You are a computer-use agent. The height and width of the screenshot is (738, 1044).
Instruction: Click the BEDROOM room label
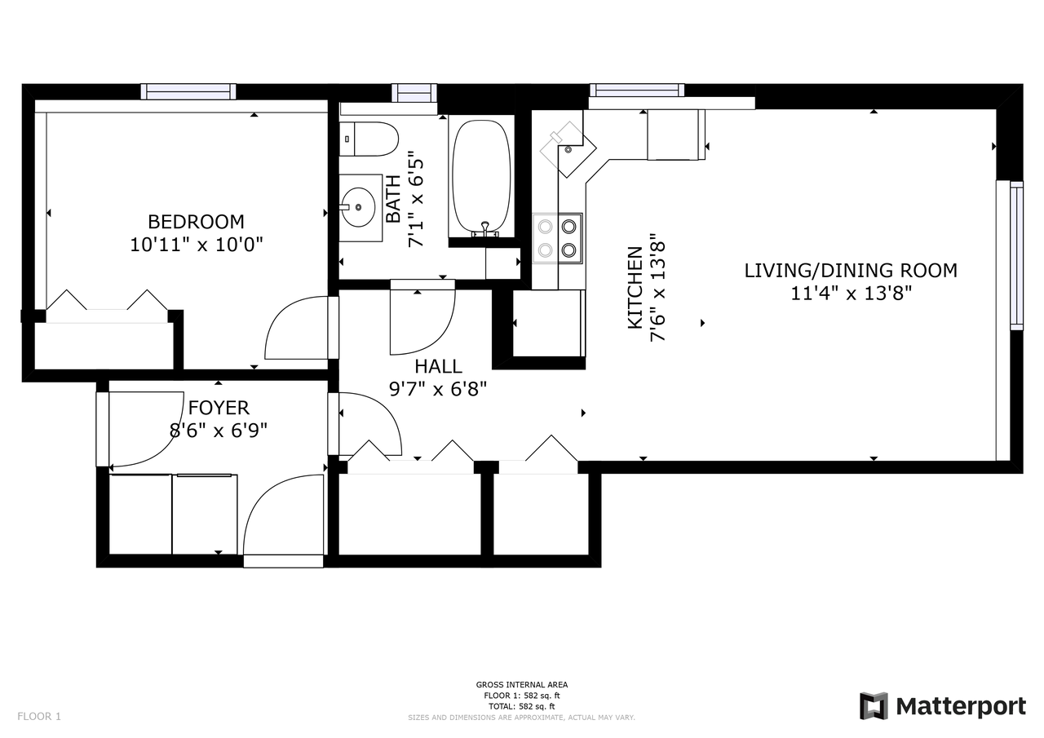(196, 221)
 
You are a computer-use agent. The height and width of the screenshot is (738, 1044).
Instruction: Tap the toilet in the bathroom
(369, 139)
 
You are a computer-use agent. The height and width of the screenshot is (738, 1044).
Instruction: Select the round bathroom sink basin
(358, 207)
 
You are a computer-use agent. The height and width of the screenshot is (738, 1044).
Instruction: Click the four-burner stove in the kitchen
(558, 239)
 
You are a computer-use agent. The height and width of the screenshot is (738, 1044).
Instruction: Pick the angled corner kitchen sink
(568, 149)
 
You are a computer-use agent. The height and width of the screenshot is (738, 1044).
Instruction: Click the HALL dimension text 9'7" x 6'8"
(438, 388)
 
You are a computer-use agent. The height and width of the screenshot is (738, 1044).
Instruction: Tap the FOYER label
(219, 408)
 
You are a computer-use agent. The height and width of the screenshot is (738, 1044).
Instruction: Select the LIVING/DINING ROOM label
(851, 270)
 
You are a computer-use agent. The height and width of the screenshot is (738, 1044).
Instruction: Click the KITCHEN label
(635, 288)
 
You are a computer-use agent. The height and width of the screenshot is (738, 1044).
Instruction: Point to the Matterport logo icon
(874, 706)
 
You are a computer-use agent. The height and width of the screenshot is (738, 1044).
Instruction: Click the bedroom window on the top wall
(188, 91)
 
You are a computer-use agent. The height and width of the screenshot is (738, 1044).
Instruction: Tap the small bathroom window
(414, 92)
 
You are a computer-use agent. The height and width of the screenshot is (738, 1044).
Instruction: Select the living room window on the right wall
(1016, 256)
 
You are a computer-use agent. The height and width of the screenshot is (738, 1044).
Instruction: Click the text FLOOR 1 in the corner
(39, 716)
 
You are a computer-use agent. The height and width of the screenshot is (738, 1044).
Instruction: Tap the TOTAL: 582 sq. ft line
(521, 706)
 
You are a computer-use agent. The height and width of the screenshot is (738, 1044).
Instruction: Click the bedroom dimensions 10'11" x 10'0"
(197, 244)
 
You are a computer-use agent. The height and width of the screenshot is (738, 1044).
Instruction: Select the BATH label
(393, 199)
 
